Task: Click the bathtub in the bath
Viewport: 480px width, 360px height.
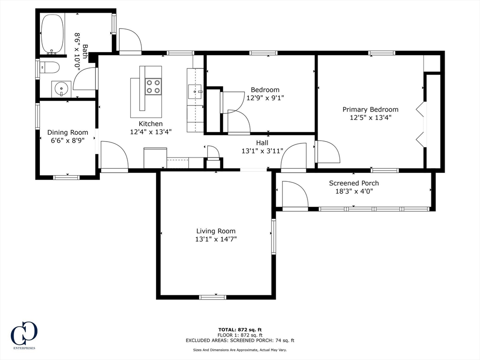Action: (x=52, y=34)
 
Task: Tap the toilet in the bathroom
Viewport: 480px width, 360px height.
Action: (x=50, y=68)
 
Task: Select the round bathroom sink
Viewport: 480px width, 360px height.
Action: (x=61, y=88)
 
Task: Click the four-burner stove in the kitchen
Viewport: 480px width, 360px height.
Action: (x=153, y=87)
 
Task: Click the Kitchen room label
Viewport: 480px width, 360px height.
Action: (x=150, y=124)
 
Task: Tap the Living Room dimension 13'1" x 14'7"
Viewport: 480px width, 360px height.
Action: (x=216, y=239)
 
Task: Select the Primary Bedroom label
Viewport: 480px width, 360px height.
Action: (x=370, y=110)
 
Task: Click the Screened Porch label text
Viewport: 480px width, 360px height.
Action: (x=353, y=183)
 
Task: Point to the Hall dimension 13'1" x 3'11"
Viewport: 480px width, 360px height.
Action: (x=262, y=151)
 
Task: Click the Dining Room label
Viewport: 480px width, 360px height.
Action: (x=67, y=133)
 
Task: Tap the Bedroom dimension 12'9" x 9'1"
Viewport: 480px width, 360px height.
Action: (x=265, y=98)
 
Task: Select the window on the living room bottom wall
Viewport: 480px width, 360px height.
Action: (x=212, y=297)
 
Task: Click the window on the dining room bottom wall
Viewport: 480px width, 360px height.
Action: (x=66, y=177)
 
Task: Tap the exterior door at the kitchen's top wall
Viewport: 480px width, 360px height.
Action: (x=130, y=41)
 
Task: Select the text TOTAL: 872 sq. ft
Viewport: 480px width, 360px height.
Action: (x=240, y=330)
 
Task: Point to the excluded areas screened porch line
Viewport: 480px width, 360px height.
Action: (x=240, y=341)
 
